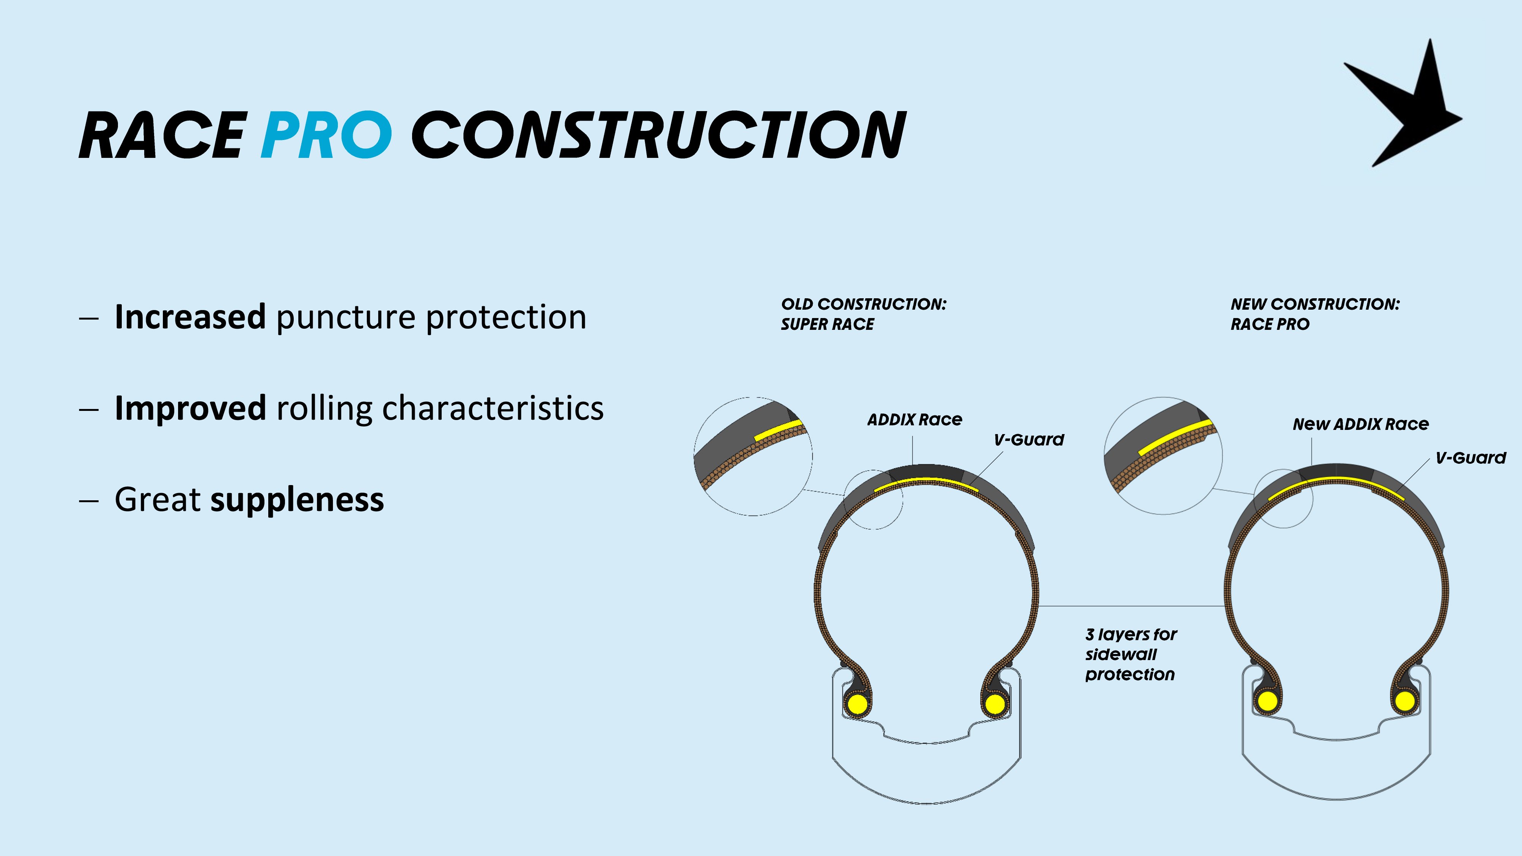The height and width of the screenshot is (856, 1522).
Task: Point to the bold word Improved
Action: pyautogui.click(x=190, y=408)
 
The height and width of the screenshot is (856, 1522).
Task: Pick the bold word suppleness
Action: pyautogui.click(x=297, y=500)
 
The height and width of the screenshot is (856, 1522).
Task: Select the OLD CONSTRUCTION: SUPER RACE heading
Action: pyautogui.click(x=863, y=314)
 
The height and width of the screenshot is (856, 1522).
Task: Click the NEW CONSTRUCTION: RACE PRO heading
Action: pyautogui.click(x=1315, y=314)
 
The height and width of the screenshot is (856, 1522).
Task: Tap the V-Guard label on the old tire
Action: pyautogui.click(x=1028, y=439)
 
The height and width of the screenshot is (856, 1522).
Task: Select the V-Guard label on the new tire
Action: pyautogui.click(x=1471, y=458)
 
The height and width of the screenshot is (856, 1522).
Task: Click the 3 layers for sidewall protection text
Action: pyautogui.click(x=1131, y=654)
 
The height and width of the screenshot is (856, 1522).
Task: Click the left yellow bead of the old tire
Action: pyautogui.click(x=857, y=703)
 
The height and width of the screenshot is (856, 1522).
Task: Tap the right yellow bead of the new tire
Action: pyautogui.click(x=1405, y=701)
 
